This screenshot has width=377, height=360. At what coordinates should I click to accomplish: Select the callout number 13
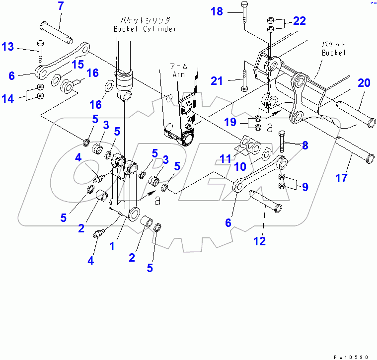coord(8,47)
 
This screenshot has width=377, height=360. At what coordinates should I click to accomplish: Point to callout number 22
coord(299,20)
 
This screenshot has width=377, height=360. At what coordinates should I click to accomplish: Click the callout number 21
coord(217,80)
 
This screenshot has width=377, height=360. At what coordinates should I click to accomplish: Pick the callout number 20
coord(364,83)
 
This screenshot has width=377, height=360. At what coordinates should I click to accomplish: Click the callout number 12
coord(259,241)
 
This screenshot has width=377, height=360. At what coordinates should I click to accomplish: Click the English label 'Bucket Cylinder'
coord(145,29)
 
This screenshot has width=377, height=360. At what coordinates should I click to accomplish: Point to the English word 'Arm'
coord(178,74)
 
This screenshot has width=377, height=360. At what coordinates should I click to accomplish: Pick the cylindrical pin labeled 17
coord(355,147)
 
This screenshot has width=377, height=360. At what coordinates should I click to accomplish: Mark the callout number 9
coord(304,187)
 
